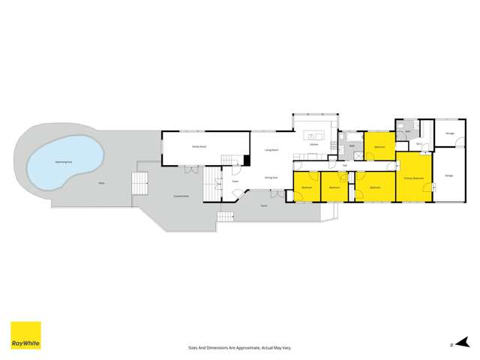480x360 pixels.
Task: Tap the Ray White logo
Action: click(25, 335)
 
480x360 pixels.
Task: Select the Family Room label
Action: click(199, 147)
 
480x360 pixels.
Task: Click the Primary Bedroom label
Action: click(414, 178)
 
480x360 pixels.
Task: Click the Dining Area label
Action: click(271, 177)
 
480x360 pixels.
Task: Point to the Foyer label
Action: click(235, 181)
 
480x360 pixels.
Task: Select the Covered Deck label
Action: click(181, 196)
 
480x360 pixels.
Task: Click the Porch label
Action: click(264, 205)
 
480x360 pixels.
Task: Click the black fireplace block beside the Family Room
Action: click(246, 160)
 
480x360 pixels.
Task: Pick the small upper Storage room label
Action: click(450, 133)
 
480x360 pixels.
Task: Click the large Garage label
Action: click(448, 175)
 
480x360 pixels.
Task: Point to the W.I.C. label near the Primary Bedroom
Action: click(418, 143)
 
